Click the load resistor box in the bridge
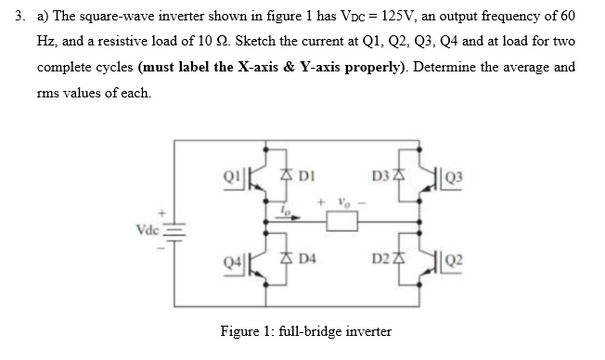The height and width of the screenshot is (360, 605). pos(336,224)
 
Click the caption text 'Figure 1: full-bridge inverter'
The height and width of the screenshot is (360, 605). pos(305,330)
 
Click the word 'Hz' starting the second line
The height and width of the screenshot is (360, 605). pos(45,44)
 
